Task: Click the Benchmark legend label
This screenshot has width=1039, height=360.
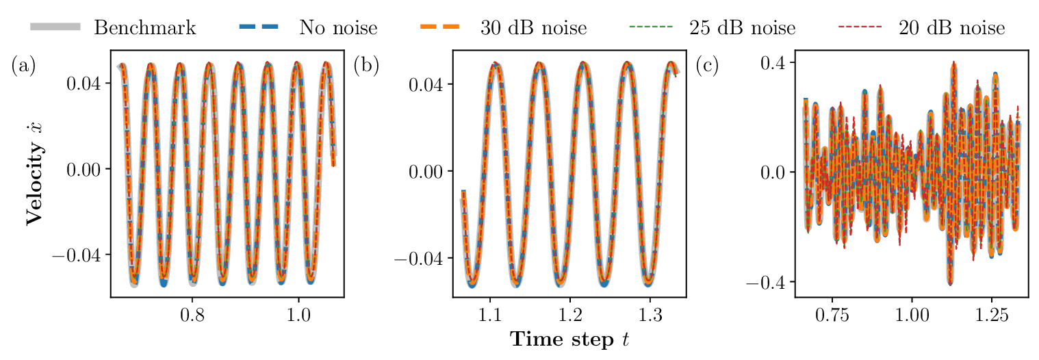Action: tap(144, 28)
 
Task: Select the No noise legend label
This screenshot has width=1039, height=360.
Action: tap(337, 28)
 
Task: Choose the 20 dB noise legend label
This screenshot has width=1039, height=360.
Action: tap(952, 28)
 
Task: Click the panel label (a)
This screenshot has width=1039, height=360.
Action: tap(23, 66)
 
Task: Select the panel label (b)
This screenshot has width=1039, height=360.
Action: tap(365, 66)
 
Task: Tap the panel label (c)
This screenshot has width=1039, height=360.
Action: tap(707, 66)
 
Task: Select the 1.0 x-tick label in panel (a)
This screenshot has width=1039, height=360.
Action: tap(298, 318)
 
